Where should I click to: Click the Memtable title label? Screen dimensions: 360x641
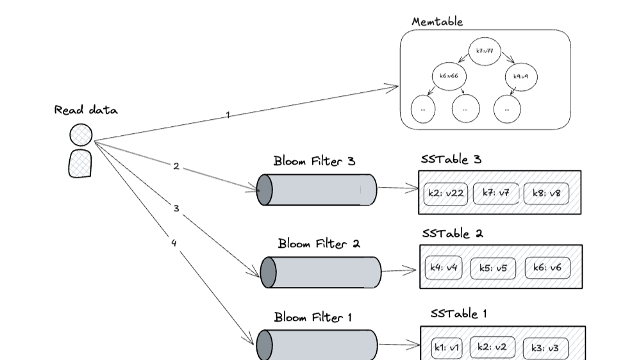(x=437, y=22)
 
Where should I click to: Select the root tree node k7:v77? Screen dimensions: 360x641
(x=485, y=51)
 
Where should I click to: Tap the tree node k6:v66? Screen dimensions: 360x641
(x=448, y=76)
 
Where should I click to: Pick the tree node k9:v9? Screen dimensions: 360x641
(x=521, y=77)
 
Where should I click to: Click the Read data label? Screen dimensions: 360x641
(x=86, y=110)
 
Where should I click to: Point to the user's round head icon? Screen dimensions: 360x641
(x=81, y=135)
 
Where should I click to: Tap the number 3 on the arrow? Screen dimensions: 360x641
(x=176, y=208)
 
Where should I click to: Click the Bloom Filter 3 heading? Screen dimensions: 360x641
(x=314, y=161)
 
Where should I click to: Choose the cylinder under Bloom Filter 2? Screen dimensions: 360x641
(x=320, y=272)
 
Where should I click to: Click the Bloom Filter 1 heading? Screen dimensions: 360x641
(x=313, y=317)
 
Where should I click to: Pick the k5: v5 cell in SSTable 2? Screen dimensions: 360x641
(x=493, y=268)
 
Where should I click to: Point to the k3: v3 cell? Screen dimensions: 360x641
(x=545, y=348)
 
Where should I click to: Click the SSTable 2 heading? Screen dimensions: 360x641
(x=452, y=234)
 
